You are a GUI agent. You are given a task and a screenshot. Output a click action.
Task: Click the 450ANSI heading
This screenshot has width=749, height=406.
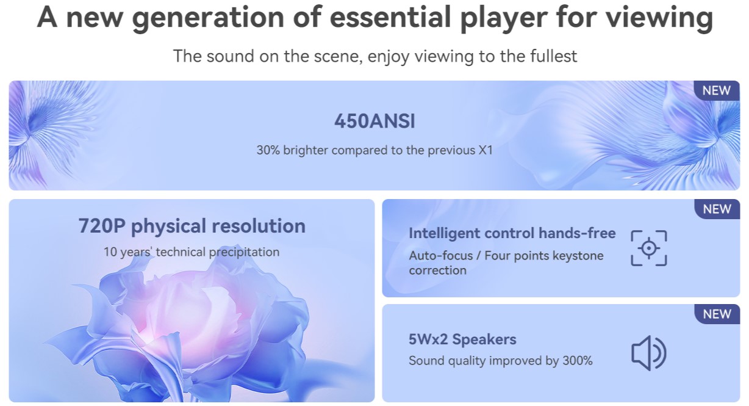pyautogui.click(x=375, y=121)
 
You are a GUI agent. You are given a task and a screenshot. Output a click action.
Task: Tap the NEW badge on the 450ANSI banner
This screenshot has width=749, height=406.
pyautogui.click(x=717, y=90)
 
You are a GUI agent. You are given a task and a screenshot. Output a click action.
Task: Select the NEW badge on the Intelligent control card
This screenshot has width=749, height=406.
pyautogui.click(x=717, y=209)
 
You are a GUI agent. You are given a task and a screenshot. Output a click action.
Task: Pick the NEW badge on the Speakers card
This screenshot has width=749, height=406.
pyautogui.click(x=717, y=314)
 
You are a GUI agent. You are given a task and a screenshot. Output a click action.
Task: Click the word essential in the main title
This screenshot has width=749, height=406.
pyautogui.click(x=390, y=17)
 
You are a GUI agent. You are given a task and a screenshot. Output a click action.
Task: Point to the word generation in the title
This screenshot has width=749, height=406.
pyautogui.click(x=209, y=18)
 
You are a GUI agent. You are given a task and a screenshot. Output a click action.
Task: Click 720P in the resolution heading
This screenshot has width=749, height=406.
pyautogui.click(x=102, y=226)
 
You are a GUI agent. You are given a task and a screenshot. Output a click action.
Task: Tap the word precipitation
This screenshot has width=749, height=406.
pyautogui.click(x=244, y=252)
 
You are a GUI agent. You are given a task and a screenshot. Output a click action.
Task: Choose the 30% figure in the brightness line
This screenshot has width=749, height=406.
pyautogui.click(x=268, y=150)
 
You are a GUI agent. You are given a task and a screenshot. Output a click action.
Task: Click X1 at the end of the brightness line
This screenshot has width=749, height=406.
pyautogui.click(x=486, y=150)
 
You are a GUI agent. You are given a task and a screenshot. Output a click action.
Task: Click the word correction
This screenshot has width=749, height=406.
pyautogui.click(x=438, y=270)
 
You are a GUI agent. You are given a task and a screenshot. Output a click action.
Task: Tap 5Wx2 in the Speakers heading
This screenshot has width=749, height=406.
pyautogui.click(x=428, y=339)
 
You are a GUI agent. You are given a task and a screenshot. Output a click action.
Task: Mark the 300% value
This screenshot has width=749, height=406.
pyautogui.click(x=578, y=361)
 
